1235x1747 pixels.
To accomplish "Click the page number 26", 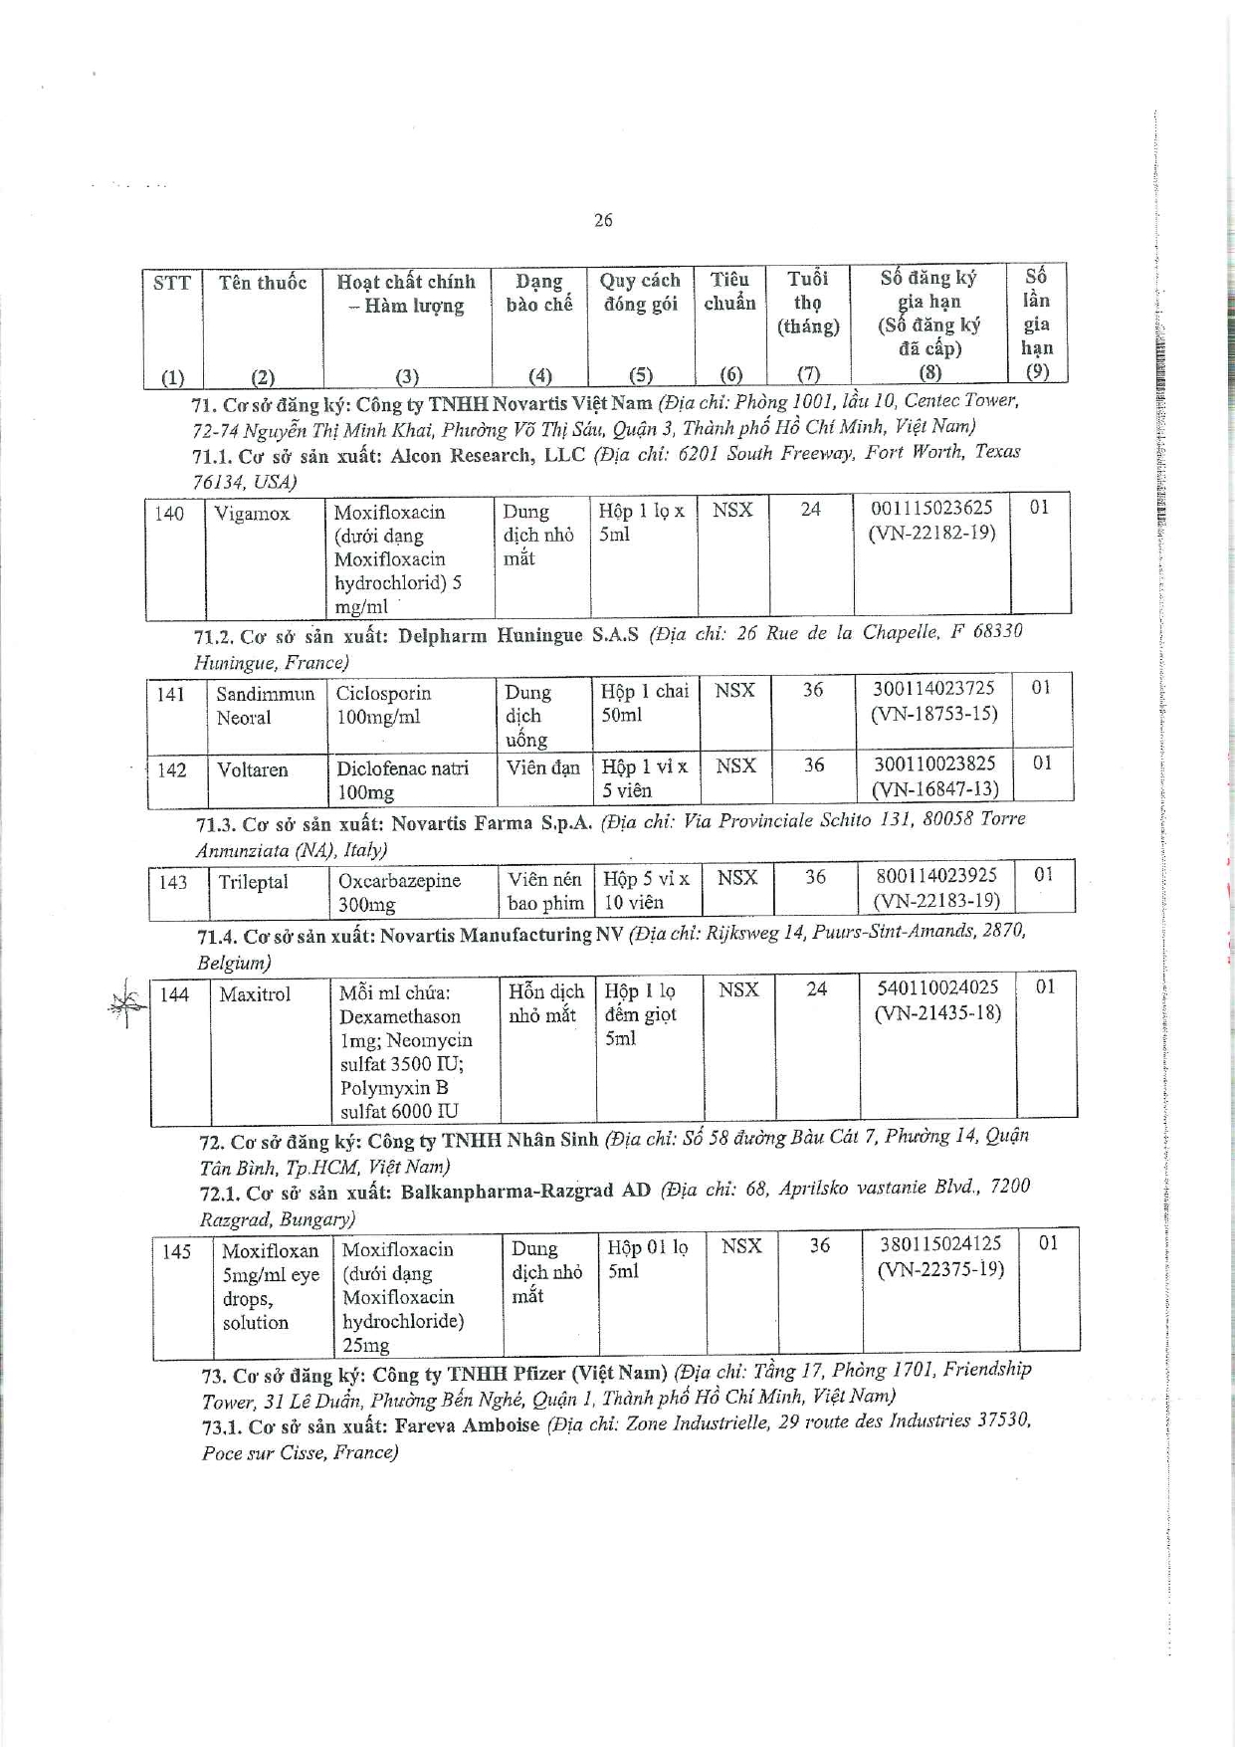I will click(x=603, y=220).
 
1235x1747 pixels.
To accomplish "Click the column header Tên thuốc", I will click(x=263, y=283).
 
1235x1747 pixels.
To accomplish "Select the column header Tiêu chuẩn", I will click(x=730, y=292).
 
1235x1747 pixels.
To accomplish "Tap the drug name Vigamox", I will click(x=253, y=514).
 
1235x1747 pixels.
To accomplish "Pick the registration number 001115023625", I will click(x=931, y=508).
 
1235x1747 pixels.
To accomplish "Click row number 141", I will click(x=171, y=694).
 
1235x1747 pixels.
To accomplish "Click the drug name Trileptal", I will click(x=253, y=882).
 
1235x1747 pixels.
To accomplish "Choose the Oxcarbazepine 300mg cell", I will click(x=399, y=892).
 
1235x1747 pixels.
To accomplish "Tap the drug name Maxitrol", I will click(x=256, y=993).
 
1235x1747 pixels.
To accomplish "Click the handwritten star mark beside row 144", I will click(x=125, y=1002).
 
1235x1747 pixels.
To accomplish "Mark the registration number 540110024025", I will click(x=937, y=988).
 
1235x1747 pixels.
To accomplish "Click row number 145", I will click(x=176, y=1251).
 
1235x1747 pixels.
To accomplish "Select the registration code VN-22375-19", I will click(x=940, y=1269).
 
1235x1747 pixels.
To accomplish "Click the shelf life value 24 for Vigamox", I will click(x=811, y=509).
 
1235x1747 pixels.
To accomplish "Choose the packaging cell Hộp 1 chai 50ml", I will click(x=645, y=703).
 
